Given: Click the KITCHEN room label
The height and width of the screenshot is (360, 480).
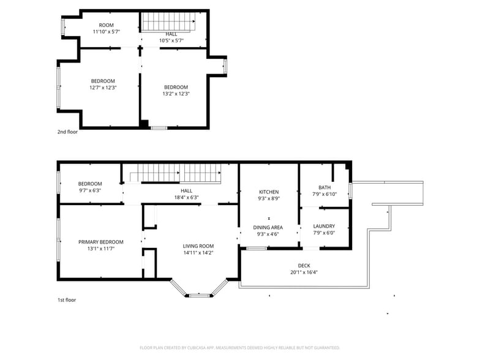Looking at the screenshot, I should pos(268,192).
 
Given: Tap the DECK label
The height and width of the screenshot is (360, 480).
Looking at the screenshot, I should pos(304,266).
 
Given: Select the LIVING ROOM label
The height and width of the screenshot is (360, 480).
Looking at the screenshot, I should pos(198,246).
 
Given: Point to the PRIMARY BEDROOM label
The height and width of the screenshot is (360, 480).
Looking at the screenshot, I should pos(101,242).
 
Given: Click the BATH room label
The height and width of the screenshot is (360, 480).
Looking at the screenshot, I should pos(324,187).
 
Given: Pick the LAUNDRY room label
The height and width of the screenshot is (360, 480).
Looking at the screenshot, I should pos(324,226).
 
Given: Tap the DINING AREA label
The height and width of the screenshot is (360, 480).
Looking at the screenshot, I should pos(268,227).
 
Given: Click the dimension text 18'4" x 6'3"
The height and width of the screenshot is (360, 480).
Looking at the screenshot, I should pos(186,197).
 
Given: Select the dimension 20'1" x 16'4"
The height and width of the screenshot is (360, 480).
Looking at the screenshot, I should pos(304,272).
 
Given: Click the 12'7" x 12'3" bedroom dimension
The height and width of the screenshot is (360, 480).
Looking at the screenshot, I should pos(103,88).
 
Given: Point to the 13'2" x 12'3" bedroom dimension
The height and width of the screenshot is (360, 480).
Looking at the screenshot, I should pos(176,94).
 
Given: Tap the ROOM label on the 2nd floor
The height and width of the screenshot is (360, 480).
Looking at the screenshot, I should pos(107,25).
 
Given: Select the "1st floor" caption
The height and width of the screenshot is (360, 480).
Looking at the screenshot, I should pos(67,300).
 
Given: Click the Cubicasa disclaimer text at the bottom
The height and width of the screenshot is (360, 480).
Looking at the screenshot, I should pos(239,348).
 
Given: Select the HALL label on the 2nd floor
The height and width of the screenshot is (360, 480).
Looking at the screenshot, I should pos(171,34).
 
